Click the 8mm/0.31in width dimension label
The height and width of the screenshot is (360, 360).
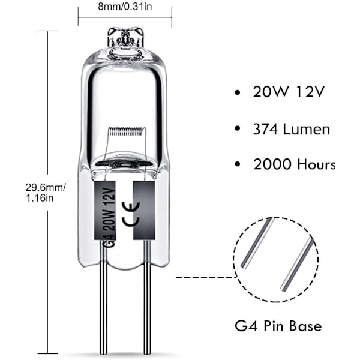pos(125,7)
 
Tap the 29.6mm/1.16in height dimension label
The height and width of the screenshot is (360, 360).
pos(46,193)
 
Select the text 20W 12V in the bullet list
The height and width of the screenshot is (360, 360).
pos(289,92)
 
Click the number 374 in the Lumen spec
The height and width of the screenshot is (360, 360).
pos(265,129)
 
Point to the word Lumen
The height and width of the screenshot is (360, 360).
pos(307,129)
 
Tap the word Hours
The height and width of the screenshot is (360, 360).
pos(316,164)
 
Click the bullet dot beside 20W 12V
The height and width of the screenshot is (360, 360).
pos(238,92)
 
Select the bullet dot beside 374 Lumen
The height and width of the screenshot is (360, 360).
pos(238,129)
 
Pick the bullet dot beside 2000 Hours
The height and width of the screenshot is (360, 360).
pos(238,164)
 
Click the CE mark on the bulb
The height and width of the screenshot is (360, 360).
pos(131,214)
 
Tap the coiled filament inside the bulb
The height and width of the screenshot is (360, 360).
pos(125,131)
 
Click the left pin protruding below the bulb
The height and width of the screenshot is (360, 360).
pos(104,298)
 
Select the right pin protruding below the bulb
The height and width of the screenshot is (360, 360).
pos(147,298)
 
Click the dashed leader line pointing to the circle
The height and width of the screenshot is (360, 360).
pos(206,277)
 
